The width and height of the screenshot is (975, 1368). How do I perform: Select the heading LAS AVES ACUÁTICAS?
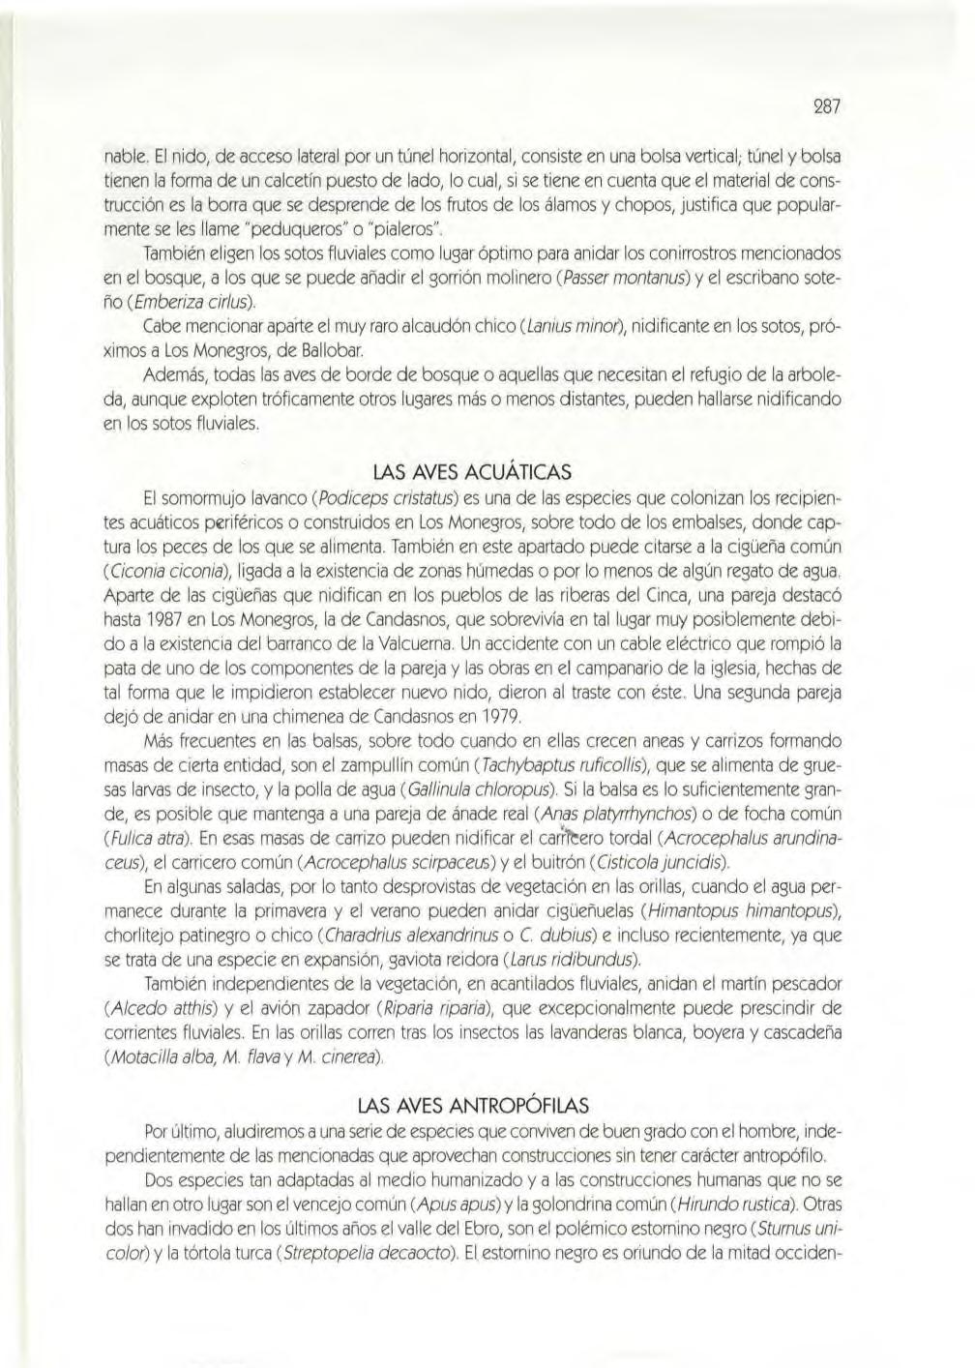tap(472, 472)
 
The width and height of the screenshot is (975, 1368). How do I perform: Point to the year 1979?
tap(496, 717)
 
